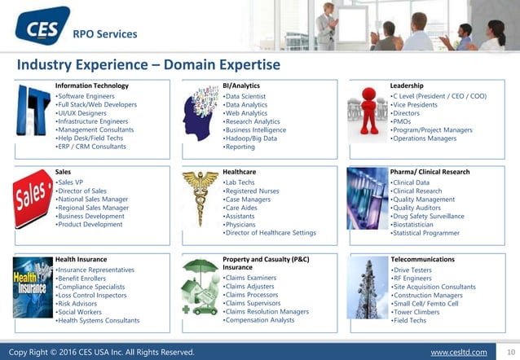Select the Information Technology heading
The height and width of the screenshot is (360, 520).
(x=91, y=86)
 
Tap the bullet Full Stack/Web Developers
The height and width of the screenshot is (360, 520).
(x=96, y=105)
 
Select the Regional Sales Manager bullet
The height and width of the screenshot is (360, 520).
(x=92, y=208)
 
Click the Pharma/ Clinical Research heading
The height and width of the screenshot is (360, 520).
(x=430, y=172)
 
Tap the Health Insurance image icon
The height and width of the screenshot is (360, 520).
(x=32, y=288)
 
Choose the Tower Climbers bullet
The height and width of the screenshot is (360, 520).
(x=421, y=312)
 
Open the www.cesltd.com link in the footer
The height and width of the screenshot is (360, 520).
(x=458, y=352)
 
